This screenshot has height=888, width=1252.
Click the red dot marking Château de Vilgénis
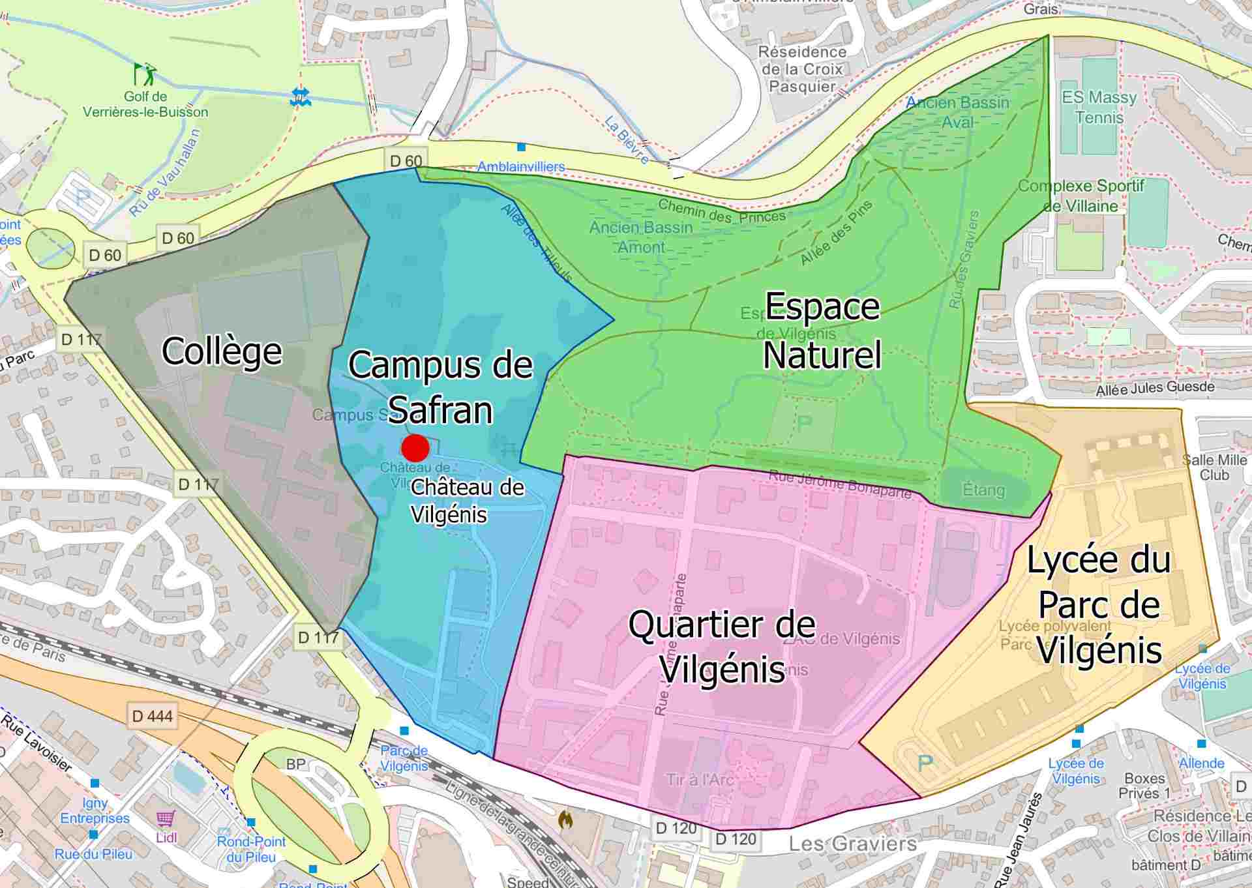pos(415,448)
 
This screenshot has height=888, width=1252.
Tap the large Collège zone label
pos(222,351)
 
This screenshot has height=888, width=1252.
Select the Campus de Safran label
pos(440,387)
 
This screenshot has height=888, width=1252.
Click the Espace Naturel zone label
pos(822,331)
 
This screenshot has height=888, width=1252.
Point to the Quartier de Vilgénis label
pos(722,647)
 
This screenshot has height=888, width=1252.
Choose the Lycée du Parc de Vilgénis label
pos(1099,604)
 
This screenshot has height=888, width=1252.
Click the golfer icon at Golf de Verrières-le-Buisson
pos(145,74)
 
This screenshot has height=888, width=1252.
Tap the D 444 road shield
pos(152,717)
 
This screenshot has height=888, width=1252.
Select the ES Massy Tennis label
pos(1099,108)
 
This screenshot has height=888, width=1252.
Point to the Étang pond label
pos(983,490)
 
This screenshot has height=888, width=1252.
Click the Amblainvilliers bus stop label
pos(521,166)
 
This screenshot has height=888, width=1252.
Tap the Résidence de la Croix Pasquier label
pos(802,69)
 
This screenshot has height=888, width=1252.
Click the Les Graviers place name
pos(852,844)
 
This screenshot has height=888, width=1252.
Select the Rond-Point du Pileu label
pos(251,849)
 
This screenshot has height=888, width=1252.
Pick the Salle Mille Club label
pos(1214,467)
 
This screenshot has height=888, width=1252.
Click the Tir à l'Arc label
pos(700,779)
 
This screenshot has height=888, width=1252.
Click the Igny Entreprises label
pos(95,810)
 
